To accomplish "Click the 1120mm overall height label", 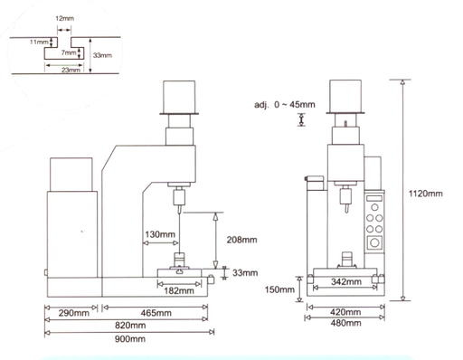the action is [425, 194].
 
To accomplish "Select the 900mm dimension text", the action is [130, 339].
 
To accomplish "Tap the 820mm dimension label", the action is [130, 326].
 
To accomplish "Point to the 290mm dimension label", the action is [74, 313].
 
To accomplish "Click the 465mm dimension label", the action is [156, 313].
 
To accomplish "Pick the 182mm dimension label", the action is [179, 290].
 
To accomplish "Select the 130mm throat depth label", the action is [160, 234].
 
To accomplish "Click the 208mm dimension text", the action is [242, 240].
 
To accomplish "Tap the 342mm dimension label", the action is [346, 281].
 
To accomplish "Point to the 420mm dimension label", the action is [345, 312].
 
